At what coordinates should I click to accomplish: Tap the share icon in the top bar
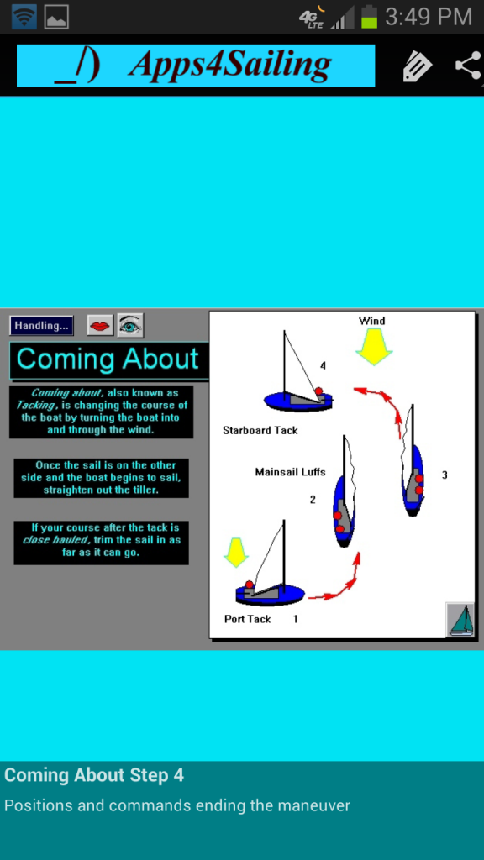469,66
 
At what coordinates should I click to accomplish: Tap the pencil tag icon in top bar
417,66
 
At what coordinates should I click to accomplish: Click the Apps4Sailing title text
230,65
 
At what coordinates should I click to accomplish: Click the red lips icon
100,326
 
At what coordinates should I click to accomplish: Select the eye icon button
130,325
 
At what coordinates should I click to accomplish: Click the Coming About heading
108,359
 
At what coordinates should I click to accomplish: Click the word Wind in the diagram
371,321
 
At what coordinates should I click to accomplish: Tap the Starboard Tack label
260,431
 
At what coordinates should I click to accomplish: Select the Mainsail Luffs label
290,472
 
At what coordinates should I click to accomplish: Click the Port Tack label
248,619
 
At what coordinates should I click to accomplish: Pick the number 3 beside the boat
445,475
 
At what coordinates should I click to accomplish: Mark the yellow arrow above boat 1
236,553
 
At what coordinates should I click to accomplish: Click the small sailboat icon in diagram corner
460,620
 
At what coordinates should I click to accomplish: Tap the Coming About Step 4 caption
94,775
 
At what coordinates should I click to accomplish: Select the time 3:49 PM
428,17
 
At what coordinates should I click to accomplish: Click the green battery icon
370,17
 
